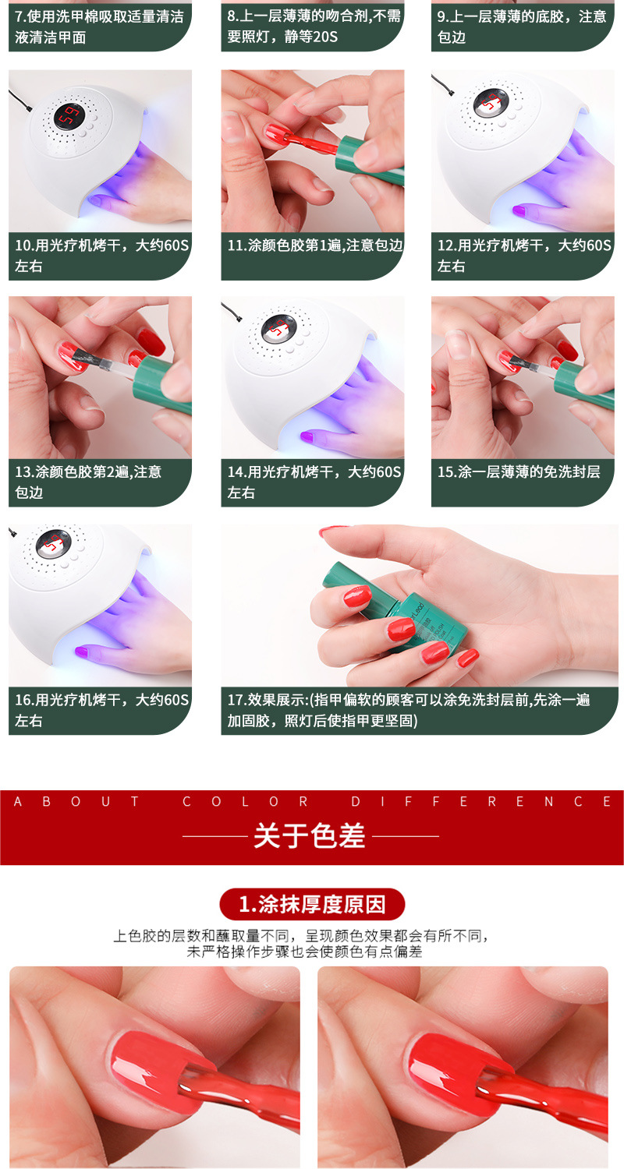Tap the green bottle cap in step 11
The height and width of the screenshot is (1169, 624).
[370, 160]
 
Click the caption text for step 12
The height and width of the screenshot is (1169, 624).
[523, 255]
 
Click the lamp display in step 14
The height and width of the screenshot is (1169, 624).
[279, 327]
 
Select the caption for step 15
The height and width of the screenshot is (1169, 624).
[519, 471]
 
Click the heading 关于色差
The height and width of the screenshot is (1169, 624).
[309, 835]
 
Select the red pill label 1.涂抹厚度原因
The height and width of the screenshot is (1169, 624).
[312, 904]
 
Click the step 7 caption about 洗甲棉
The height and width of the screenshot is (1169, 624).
[99, 26]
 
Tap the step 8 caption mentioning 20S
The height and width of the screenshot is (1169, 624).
[314, 26]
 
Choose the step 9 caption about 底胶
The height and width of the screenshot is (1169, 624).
[522, 26]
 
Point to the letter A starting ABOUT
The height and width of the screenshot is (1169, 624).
[18, 802]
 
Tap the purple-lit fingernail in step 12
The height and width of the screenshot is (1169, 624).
[519, 210]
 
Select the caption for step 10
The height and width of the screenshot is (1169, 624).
[101, 255]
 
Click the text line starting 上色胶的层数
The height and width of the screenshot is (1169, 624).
[301, 936]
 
